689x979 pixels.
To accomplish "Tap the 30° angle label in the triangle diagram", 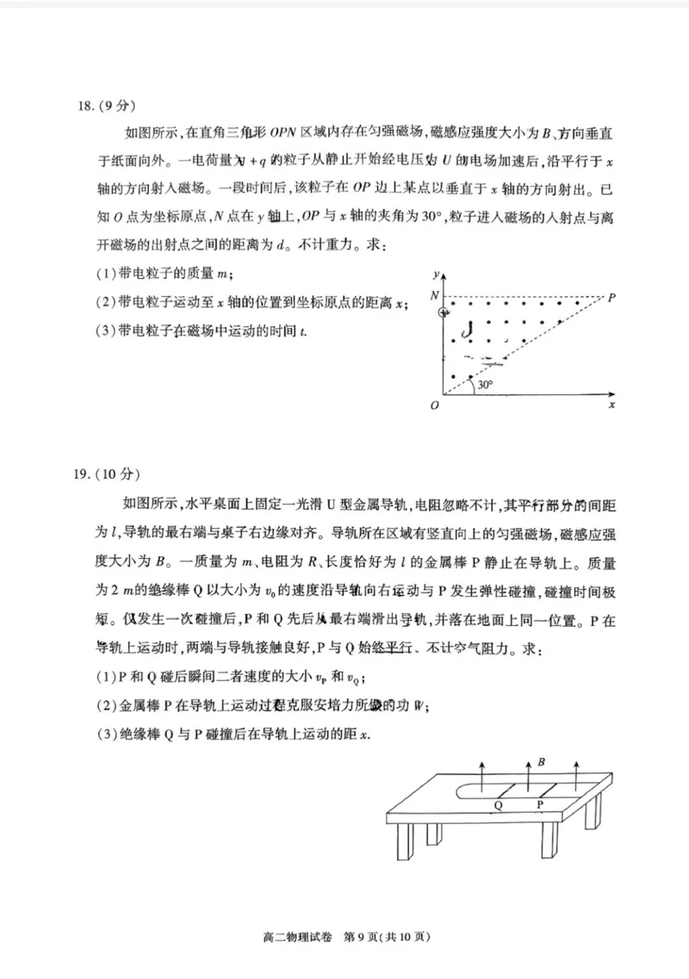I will click(486, 385).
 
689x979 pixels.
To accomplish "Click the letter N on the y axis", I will click(435, 295).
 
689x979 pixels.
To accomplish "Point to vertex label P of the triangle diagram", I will click(612, 298).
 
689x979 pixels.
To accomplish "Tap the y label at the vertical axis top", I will click(438, 274).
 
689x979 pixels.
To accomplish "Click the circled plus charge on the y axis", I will click(444, 313).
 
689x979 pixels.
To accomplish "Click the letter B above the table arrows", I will click(541, 762).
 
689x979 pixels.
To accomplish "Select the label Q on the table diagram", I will click(499, 806).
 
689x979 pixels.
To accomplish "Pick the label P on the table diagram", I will click(540, 806).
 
